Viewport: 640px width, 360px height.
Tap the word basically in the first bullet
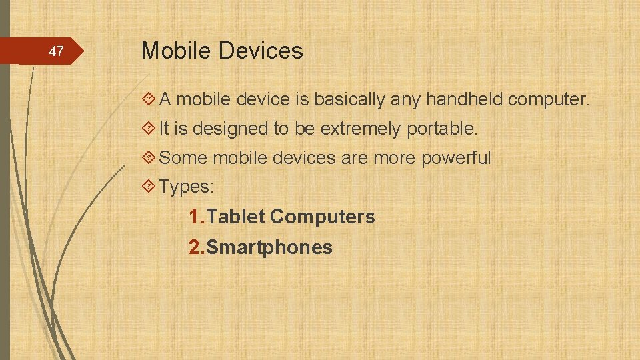click(349, 100)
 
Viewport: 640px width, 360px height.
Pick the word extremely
click(361, 129)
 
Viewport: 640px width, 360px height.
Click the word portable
click(442, 129)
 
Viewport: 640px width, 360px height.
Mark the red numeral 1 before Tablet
click(195, 217)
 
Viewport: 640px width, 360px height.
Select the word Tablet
click(237, 217)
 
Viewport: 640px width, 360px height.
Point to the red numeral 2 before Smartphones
click(195, 247)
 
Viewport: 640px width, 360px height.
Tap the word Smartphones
click(269, 247)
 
